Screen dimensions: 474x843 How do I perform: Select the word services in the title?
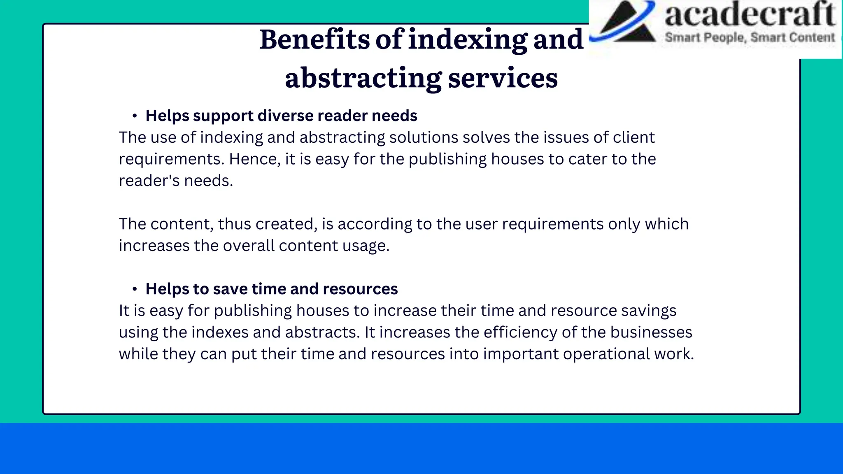pyautogui.click(x=503, y=78)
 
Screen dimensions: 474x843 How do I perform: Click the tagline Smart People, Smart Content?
pyautogui.click(x=750, y=37)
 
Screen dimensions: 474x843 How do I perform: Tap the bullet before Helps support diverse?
pyautogui.click(x=135, y=116)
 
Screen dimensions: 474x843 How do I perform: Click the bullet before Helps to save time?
pyautogui.click(x=135, y=290)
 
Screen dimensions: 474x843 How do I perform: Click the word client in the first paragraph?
pyautogui.click(x=633, y=137)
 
